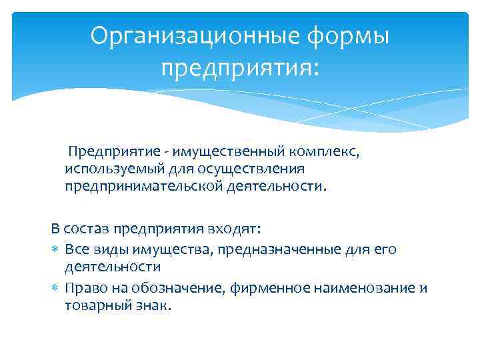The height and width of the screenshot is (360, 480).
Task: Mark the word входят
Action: tap(239, 229)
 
